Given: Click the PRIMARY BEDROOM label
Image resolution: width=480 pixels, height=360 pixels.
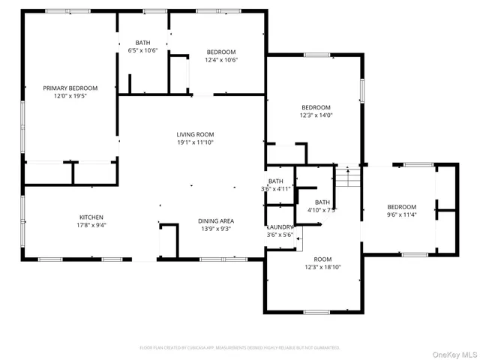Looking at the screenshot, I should coord(70,88).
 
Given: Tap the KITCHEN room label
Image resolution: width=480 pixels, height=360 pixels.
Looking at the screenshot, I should coord(91,217).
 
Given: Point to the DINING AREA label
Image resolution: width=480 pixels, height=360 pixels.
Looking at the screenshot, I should coord(216,220).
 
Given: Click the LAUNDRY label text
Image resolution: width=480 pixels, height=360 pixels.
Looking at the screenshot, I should coord(280,226).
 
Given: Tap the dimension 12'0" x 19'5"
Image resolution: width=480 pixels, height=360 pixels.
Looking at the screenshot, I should coord(70,97).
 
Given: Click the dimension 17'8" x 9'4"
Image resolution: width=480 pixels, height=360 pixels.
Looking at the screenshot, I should coord(91,225).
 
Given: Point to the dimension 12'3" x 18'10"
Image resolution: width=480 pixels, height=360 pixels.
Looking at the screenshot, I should coord(322,267).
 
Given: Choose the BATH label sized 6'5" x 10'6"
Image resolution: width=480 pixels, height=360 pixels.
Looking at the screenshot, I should coord(142,43).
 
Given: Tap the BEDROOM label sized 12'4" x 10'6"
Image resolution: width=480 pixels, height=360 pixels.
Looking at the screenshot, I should coord(222,52).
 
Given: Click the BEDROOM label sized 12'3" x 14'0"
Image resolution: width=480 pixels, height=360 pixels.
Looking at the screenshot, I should coord(316,107).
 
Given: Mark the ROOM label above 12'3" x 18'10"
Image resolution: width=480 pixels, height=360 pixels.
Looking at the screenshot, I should coord(322,259).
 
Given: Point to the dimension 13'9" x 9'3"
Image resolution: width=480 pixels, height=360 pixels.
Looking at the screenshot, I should coord(216,229).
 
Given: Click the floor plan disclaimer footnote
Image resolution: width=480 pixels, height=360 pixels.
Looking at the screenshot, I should coord(240,348).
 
